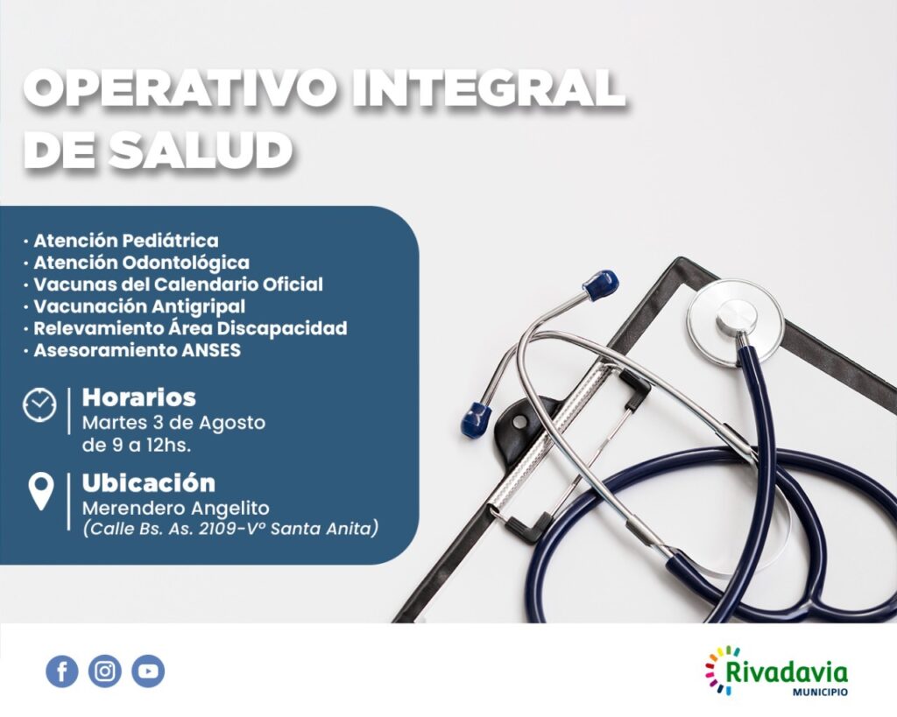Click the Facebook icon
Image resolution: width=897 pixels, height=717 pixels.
point(62,671)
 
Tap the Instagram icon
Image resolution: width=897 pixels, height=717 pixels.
point(105,671)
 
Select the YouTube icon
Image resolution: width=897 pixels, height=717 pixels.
point(148,671)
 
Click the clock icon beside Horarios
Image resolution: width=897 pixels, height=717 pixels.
point(39,404)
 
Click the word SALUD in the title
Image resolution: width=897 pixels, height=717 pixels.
point(201,151)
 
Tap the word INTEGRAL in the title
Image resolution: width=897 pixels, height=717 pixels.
point(488,88)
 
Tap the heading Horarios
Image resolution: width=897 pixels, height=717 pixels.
point(139,397)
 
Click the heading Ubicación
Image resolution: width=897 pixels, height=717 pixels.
point(149,483)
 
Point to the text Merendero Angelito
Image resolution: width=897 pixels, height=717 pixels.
point(176,508)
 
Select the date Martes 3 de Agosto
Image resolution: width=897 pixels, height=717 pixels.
point(174,423)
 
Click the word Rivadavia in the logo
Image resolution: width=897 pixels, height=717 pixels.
point(787,671)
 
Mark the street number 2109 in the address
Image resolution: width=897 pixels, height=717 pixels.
point(221,529)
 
